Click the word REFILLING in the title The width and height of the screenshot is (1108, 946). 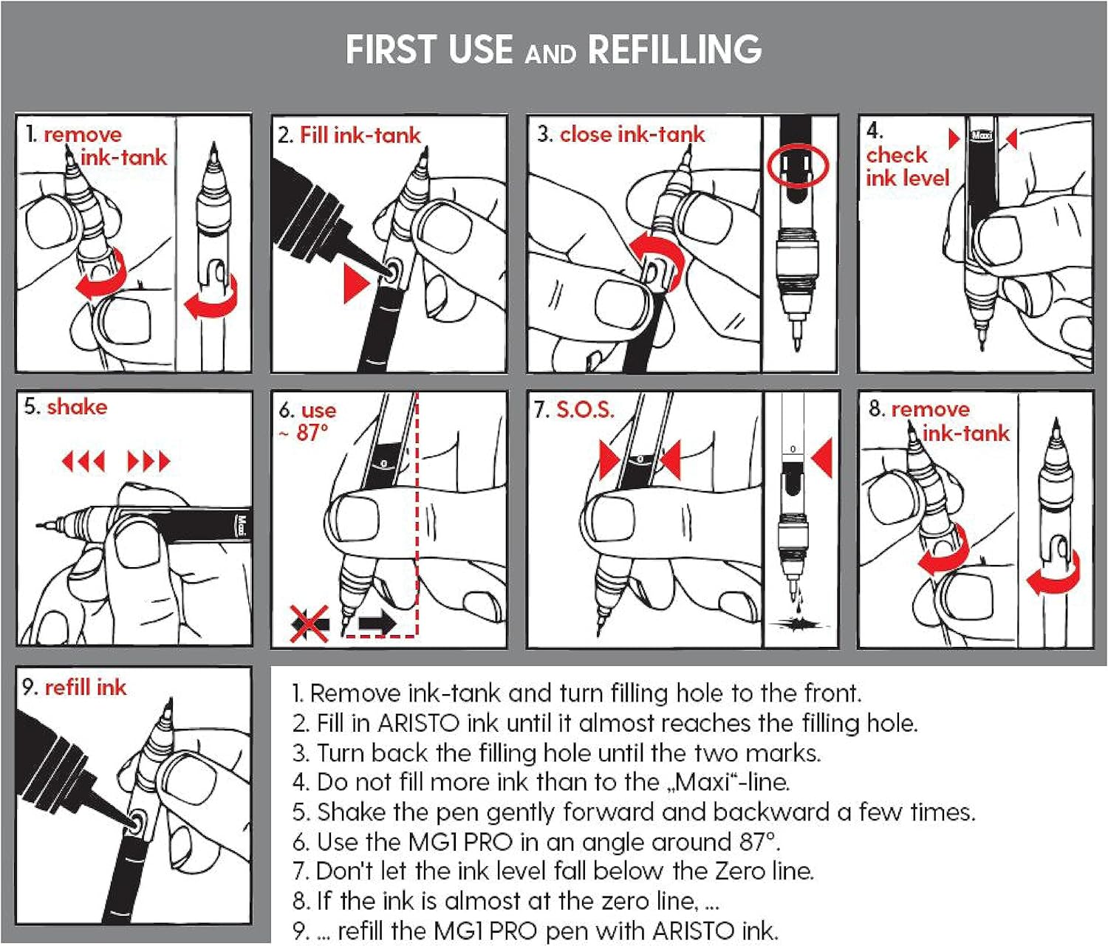click(674, 49)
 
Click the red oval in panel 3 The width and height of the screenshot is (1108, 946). click(797, 166)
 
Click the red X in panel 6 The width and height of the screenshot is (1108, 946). click(310, 623)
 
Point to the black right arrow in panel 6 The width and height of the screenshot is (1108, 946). click(377, 623)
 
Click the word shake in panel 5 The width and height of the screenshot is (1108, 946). click(77, 407)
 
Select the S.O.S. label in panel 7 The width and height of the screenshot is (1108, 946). click(585, 409)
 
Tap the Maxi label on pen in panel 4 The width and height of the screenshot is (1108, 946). click(982, 136)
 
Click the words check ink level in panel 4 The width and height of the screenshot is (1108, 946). click(907, 167)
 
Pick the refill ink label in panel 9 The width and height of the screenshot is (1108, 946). click(86, 687)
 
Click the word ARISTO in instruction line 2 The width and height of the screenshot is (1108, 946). click(419, 723)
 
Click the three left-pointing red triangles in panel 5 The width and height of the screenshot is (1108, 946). click(83, 461)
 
